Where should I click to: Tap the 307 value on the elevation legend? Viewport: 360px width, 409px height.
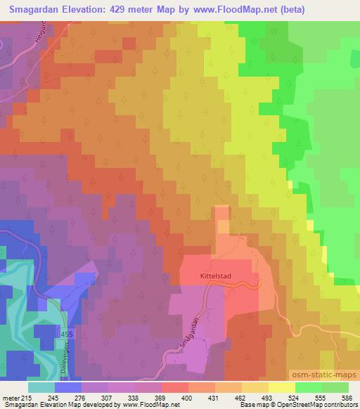pos(108,397)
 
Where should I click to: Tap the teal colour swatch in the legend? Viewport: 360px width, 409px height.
pos(41,387)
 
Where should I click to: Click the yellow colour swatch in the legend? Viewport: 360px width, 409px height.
pos(281,387)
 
